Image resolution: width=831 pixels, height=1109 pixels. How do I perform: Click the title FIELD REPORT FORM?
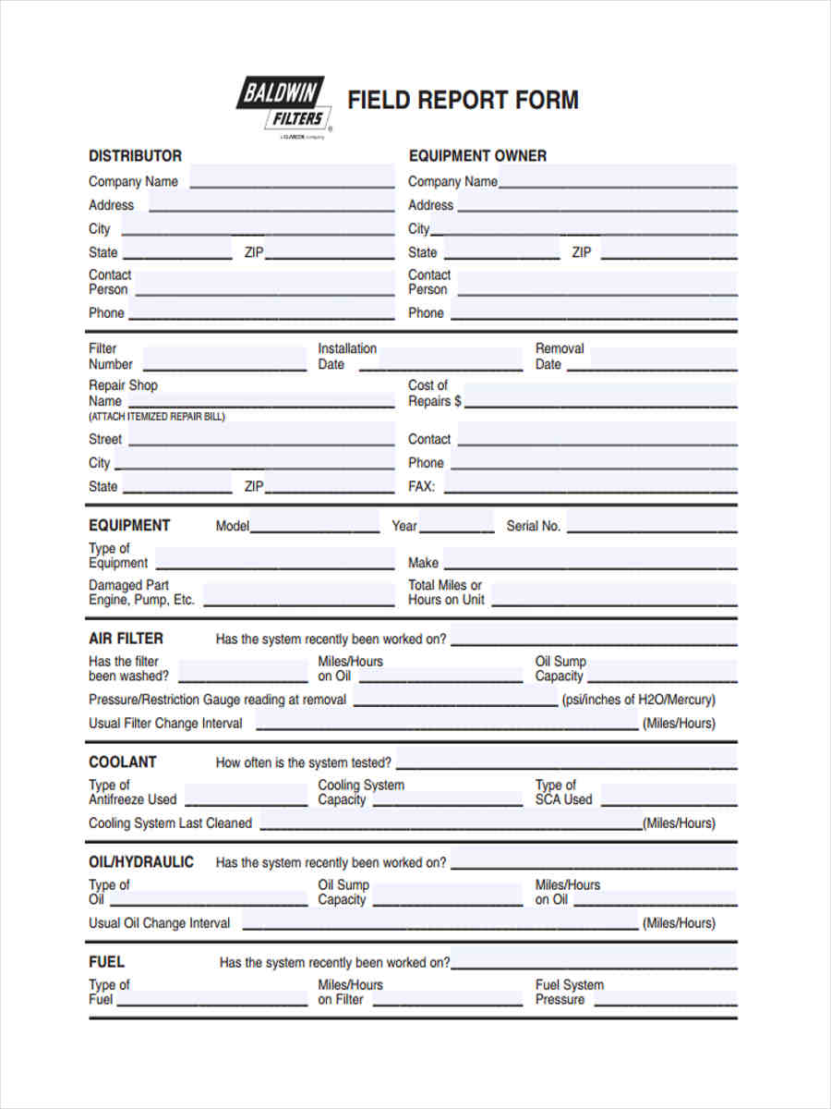tap(463, 100)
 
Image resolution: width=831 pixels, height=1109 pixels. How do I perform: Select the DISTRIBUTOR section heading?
tap(135, 155)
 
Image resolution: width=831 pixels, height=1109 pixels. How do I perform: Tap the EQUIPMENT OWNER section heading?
tap(477, 155)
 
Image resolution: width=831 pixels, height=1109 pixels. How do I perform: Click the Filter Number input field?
tap(224, 359)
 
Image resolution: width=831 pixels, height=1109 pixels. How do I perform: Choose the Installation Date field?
tap(440, 359)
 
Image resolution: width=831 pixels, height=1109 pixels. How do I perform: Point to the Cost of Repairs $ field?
tap(601, 396)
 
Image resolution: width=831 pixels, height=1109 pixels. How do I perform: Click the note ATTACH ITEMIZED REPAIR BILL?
tap(157, 417)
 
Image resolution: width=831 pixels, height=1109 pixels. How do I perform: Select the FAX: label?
tap(422, 486)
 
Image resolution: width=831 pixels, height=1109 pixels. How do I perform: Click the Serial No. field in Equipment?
tap(651, 525)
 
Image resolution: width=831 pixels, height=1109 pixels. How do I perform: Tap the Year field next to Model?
tap(457, 525)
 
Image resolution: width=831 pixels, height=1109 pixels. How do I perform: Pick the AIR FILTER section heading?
tap(126, 639)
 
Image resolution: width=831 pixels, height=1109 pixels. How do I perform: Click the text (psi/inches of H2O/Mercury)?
tap(638, 700)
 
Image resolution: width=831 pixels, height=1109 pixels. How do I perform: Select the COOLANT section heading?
tap(122, 762)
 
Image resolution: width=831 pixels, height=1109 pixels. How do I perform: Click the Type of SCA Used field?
tap(668, 794)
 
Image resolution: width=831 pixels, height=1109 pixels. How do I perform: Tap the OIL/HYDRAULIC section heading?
tap(141, 862)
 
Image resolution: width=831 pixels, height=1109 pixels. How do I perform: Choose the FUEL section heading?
tap(106, 962)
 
